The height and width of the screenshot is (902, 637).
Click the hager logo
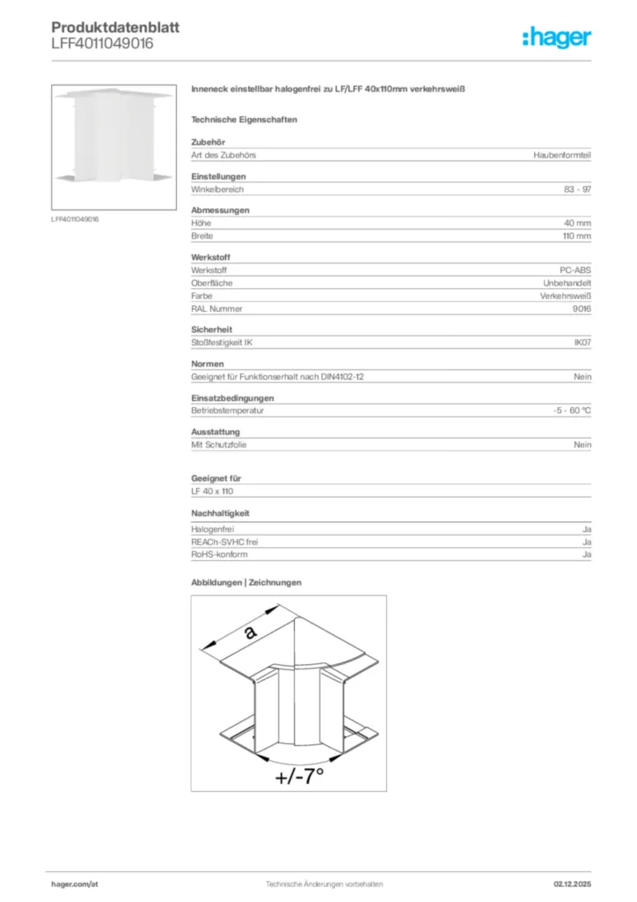click(556, 37)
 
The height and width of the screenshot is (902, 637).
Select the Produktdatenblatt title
click(115, 27)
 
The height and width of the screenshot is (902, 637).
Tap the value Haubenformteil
click(562, 155)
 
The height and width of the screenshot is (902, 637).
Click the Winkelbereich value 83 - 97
click(577, 189)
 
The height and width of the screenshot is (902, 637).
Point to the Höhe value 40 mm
click(577, 224)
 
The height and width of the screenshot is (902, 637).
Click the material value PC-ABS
click(575, 270)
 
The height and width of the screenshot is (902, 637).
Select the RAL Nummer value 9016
click(582, 308)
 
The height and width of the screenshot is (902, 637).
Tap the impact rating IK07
click(582, 343)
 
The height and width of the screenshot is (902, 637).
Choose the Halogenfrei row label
click(213, 529)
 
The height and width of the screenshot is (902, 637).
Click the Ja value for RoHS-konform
click(586, 555)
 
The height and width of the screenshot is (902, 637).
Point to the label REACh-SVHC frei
click(224, 543)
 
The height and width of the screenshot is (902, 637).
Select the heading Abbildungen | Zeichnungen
click(246, 582)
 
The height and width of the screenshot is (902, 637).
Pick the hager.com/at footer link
click(75, 884)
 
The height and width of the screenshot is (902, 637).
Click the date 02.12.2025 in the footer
click(572, 884)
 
